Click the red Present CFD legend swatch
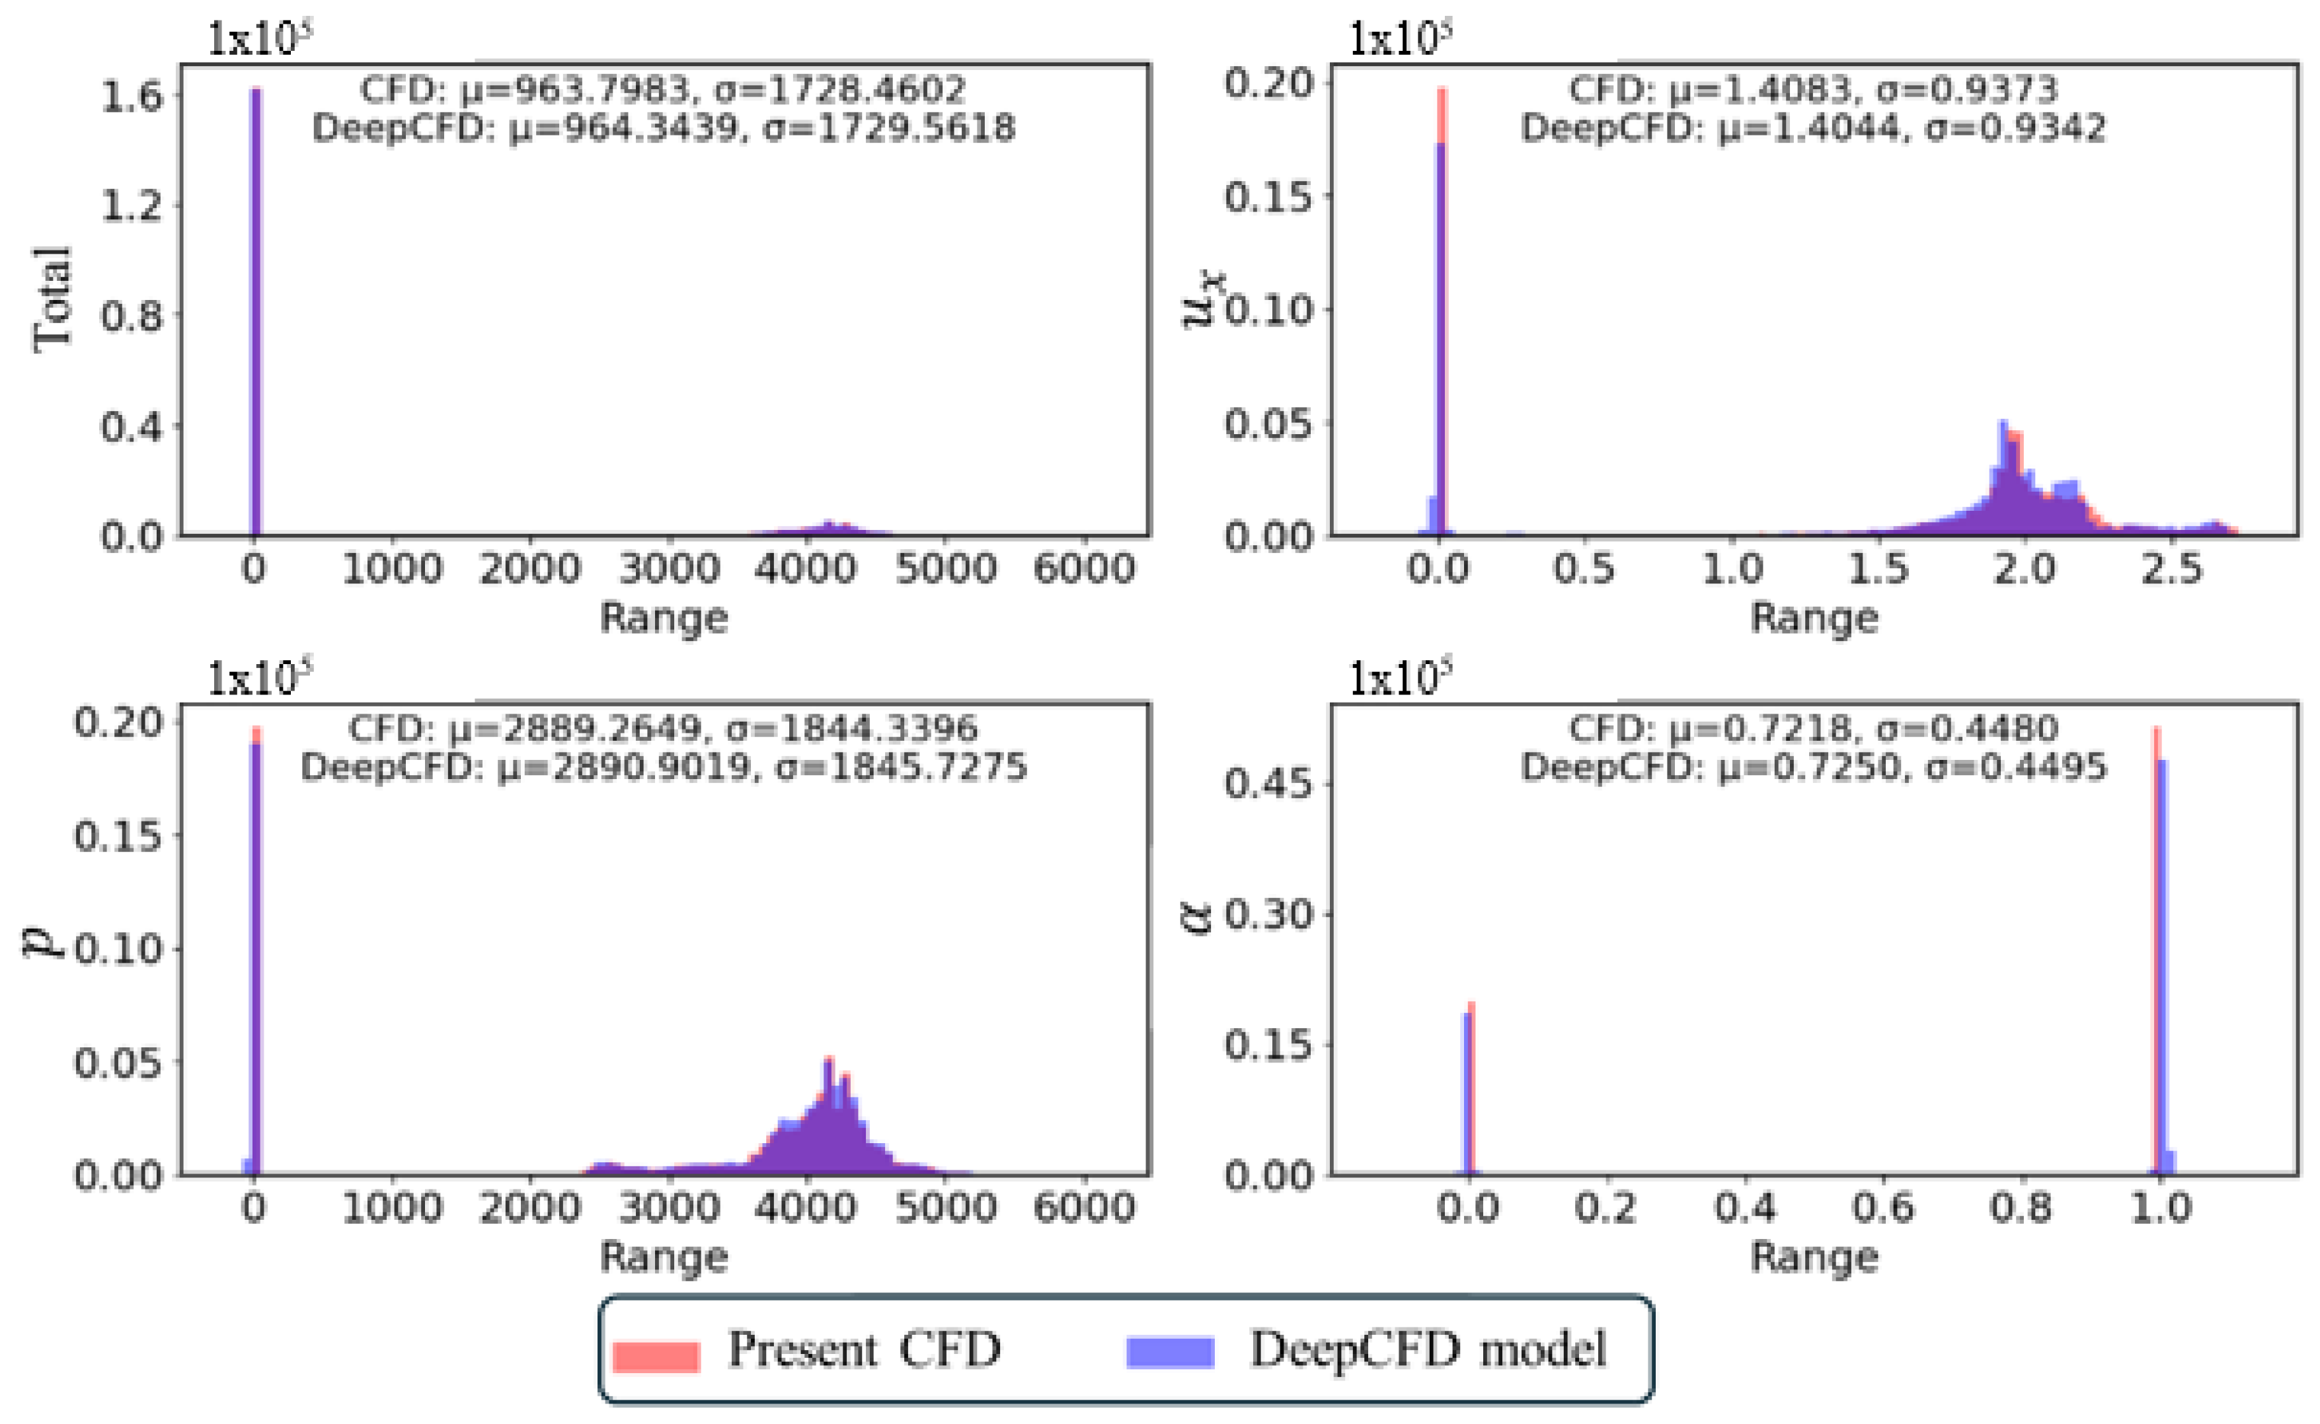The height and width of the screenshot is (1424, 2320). pos(656,1355)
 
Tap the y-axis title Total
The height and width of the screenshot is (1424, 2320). pos(52,299)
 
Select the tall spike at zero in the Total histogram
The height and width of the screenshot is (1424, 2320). pos(255,311)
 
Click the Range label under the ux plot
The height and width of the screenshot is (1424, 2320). pos(1813,618)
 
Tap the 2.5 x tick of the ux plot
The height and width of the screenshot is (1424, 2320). pos(2171,569)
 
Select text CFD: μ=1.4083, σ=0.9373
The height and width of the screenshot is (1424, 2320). pos(1813,89)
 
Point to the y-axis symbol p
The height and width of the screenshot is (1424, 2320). pos(42,939)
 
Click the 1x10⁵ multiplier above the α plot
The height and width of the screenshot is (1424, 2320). pos(1399,678)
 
